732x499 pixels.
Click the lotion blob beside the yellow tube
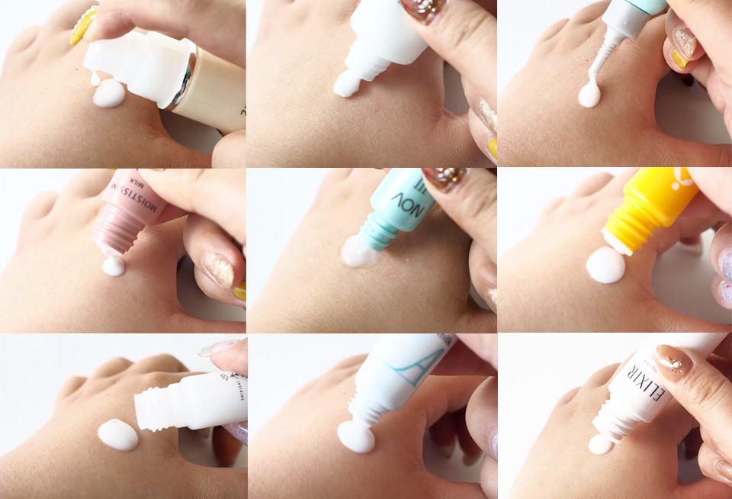(605, 266)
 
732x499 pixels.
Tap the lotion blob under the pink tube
(113, 266)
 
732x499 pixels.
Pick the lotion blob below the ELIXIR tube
(601, 443)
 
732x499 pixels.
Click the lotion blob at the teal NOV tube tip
(359, 252)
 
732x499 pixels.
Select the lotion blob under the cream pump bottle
(108, 94)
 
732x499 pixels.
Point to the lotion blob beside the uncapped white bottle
(118, 434)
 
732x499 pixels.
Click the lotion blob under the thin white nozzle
(589, 95)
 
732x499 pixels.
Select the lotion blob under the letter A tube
(355, 436)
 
